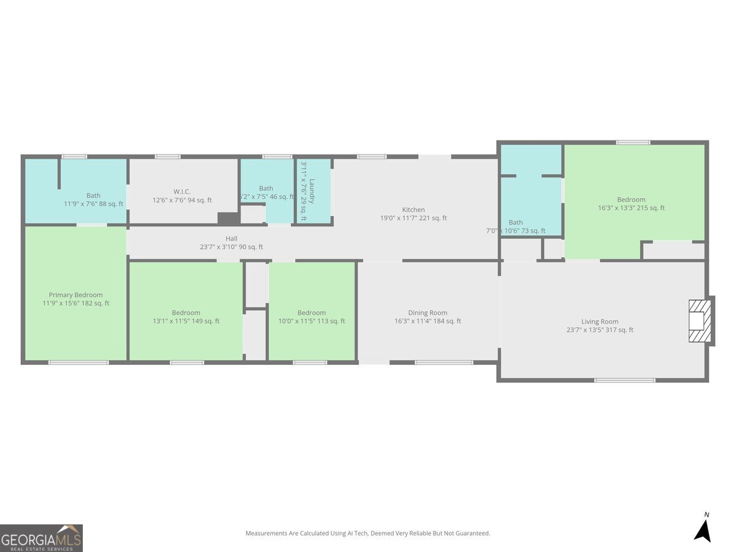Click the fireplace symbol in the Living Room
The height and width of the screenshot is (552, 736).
pyautogui.click(x=699, y=321)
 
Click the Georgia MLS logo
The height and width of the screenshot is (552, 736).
pyautogui.click(x=41, y=538)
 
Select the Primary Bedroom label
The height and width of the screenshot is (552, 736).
pyautogui.click(x=76, y=295)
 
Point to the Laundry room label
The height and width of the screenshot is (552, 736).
pyautogui.click(x=312, y=191)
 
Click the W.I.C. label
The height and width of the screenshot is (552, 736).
pyautogui.click(x=182, y=191)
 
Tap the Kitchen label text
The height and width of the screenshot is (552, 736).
pyautogui.click(x=413, y=210)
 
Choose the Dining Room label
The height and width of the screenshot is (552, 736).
pyautogui.click(x=427, y=313)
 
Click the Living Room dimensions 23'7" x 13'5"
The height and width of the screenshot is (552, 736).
pyautogui.click(x=600, y=330)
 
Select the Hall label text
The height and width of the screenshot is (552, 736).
pyautogui.click(x=231, y=239)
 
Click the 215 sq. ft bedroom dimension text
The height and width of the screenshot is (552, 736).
pyautogui.click(x=631, y=208)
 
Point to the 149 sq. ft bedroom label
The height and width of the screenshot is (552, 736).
pyautogui.click(x=186, y=313)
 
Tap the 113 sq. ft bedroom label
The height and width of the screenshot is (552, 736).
pyautogui.click(x=312, y=313)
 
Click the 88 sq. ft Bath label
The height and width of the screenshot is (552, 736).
pyautogui.click(x=93, y=196)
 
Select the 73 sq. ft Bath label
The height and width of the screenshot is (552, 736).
pyautogui.click(x=516, y=223)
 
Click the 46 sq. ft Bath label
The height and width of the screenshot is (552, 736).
pyautogui.click(x=266, y=188)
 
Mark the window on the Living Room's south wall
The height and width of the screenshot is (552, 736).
pyautogui.click(x=624, y=380)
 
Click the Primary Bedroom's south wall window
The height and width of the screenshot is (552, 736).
pyautogui.click(x=79, y=362)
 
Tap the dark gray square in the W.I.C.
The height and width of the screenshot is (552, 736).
pyautogui.click(x=228, y=218)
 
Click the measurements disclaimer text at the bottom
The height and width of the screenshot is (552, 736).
pyautogui.click(x=368, y=534)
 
